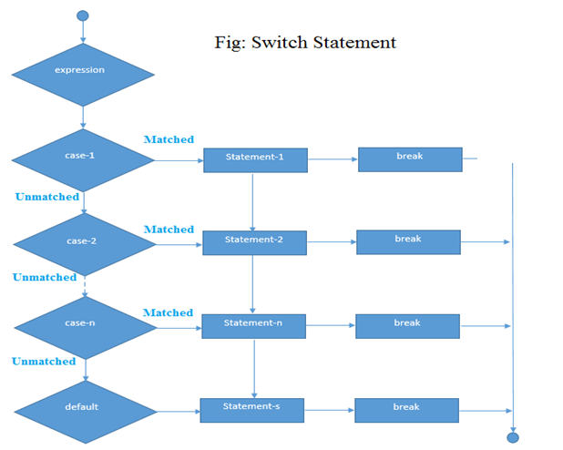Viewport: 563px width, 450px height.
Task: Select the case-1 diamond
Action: (83, 159)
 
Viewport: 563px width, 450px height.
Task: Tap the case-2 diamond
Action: (83, 243)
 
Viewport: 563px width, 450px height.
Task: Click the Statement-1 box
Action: (254, 159)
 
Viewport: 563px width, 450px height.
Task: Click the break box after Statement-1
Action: (410, 159)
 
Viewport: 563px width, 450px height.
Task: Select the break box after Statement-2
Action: (408, 241)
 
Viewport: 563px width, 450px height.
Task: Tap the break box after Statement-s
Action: (406, 410)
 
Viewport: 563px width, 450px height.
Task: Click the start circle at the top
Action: (83, 15)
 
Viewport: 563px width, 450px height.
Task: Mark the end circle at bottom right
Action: (512, 437)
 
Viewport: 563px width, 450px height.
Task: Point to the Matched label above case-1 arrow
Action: (169, 139)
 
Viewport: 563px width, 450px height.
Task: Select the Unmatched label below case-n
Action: (44, 362)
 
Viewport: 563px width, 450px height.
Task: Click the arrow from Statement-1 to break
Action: (333, 159)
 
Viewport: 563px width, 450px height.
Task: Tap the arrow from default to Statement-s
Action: (178, 411)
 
